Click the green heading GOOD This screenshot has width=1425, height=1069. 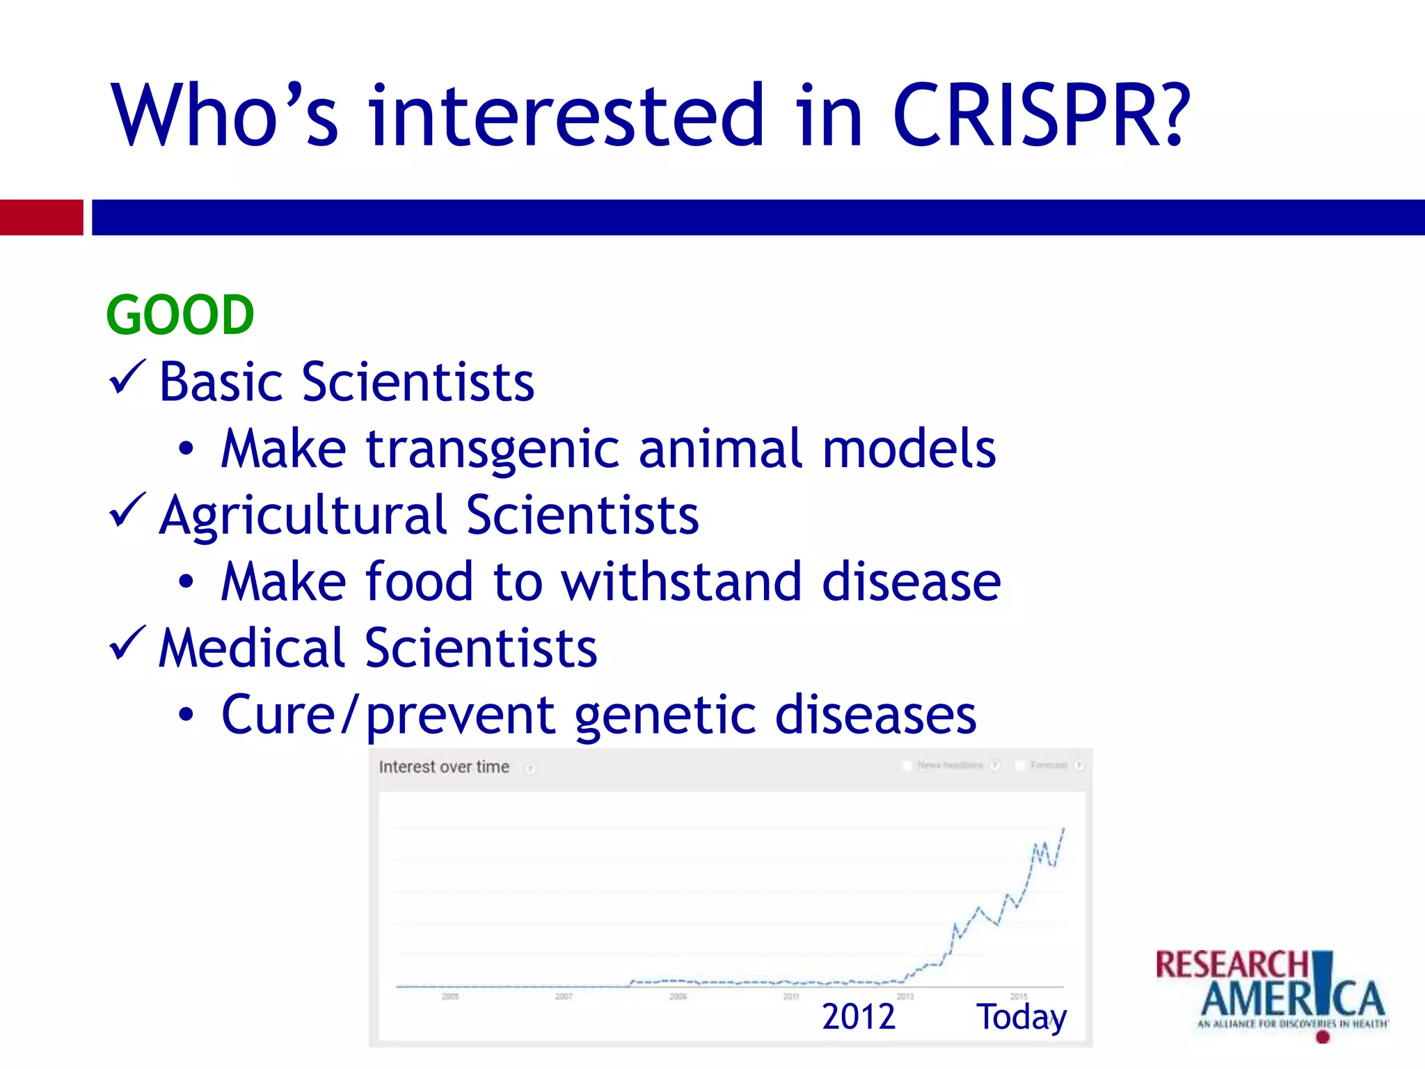click(x=180, y=315)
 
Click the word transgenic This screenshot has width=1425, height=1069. click(x=492, y=450)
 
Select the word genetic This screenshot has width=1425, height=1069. click(x=664, y=715)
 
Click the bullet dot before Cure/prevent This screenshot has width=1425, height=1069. click(x=186, y=715)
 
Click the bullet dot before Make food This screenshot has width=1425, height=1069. click(x=186, y=582)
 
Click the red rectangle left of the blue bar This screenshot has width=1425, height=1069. click(x=41, y=217)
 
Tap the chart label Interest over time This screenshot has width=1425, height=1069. click(x=444, y=767)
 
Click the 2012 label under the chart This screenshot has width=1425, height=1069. click(x=858, y=1017)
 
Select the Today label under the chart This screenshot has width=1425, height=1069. click(x=1021, y=1017)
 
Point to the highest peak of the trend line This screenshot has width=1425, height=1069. click(x=1063, y=829)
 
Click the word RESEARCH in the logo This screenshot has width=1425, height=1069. click(x=1232, y=965)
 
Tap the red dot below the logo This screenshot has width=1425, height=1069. click(x=1323, y=1037)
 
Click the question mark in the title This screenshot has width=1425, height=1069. click(x=1173, y=116)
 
